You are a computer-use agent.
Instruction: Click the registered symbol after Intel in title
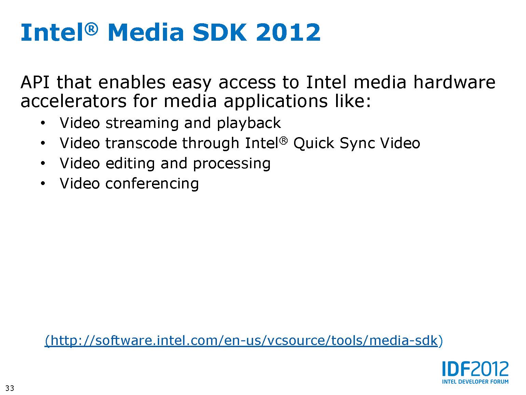[x=91, y=29]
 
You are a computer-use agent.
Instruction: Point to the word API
[x=35, y=82]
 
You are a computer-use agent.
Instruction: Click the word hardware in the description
[x=454, y=82]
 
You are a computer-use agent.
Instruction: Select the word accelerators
[x=73, y=101]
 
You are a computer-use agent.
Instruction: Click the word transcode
[x=141, y=143]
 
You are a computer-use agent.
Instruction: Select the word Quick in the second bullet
[x=314, y=144]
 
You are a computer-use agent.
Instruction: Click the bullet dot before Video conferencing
[x=43, y=184]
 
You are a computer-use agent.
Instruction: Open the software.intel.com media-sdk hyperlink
[x=244, y=341]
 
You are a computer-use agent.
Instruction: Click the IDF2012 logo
[x=475, y=372]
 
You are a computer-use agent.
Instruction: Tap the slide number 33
[x=10, y=388]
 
